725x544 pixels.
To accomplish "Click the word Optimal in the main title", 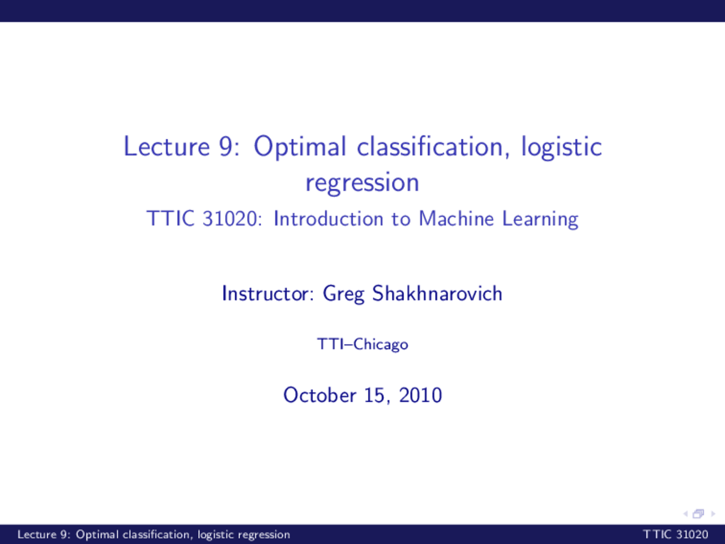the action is tap(300, 147).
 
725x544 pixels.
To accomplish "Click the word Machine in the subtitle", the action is tap(456, 218).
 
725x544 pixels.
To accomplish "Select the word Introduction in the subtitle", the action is tap(329, 219).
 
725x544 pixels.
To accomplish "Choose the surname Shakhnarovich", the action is tap(437, 294).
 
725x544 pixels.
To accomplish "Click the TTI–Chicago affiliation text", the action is tap(362, 345).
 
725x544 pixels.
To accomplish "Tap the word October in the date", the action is tap(319, 395).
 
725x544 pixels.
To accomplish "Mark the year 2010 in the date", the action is tap(420, 395).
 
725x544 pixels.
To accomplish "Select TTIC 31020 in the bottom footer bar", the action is tap(675, 534).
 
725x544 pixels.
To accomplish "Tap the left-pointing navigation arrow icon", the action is tap(686, 514).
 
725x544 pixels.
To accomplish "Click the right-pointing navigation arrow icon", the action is tap(713, 514).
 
